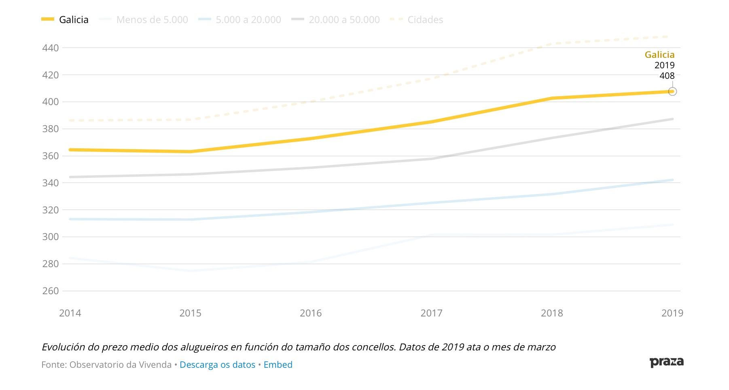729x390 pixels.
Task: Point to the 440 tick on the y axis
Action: coord(51,48)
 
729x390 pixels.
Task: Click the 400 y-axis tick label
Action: coord(51,102)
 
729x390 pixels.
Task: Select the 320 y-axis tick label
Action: coord(51,210)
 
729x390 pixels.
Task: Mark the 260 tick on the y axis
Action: coord(51,291)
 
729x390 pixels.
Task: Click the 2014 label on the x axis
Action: coord(70,313)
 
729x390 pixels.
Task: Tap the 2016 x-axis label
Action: coord(311,313)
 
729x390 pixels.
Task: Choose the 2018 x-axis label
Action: coord(552,313)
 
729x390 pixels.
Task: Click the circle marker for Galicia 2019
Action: coord(672,92)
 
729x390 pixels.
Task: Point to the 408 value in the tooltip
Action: coord(667,76)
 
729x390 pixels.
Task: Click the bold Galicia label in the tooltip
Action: coord(659,55)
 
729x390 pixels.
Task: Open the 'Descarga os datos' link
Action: coord(217,365)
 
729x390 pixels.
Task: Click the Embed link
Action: coord(278,365)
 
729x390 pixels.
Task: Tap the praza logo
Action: coord(666,362)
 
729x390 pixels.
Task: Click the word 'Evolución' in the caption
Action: coord(64,347)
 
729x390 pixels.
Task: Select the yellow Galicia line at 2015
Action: coord(191,152)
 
